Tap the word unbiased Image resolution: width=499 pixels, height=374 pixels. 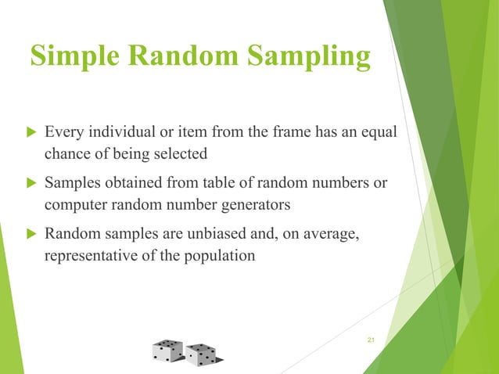point(211,233)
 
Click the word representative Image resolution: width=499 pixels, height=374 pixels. point(91,255)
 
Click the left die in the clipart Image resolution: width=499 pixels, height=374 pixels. point(167,351)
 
